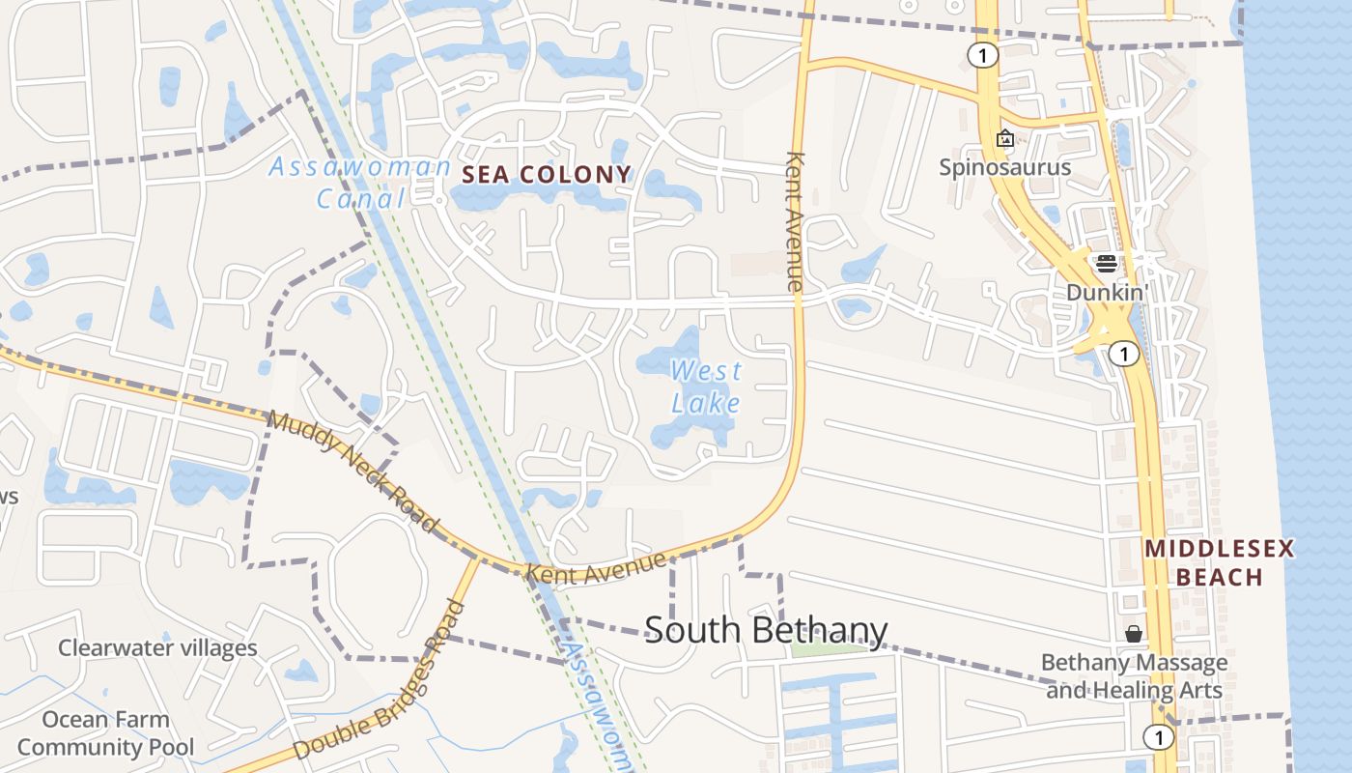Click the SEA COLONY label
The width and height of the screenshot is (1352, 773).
tap(547, 175)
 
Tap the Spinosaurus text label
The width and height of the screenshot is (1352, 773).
tap(1005, 167)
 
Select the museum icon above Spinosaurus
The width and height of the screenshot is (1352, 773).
tap(1004, 139)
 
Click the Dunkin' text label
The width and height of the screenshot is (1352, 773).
tap(1107, 292)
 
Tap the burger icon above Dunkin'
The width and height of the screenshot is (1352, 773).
tap(1107, 264)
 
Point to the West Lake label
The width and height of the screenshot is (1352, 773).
tap(706, 386)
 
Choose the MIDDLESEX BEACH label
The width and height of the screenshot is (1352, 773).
tap(1219, 563)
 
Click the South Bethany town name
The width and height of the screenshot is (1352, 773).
tap(766, 630)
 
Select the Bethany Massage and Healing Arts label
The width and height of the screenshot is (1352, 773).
tap(1134, 676)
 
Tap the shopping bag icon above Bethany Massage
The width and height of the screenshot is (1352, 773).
tap(1134, 634)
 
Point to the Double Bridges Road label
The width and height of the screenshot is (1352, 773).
tap(380, 680)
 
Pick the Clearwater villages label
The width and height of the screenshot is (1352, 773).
tap(157, 647)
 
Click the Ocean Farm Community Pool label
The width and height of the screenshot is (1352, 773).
tap(105, 733)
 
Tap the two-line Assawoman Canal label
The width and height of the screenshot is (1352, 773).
tap(359, 183)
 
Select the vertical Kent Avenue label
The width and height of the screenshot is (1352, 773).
tap(795, 221)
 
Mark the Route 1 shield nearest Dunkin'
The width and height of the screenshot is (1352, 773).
tap(1123, 354)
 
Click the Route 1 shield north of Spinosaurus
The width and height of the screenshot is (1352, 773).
tap(982, 55)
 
